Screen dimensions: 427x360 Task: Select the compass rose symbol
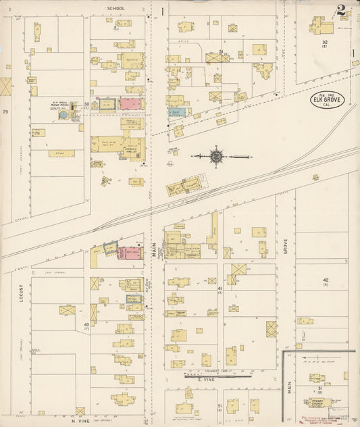[216, 157]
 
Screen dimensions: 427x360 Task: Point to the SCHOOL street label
[116, 9]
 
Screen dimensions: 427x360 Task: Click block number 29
[5, 111]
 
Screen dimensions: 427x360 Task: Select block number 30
[86, 104]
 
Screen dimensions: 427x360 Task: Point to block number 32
[325, 42]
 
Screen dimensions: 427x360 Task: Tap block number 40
[86, 325]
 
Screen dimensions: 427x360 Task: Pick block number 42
[325, 280]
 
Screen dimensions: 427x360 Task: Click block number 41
[220, 288]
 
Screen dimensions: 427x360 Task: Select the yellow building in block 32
[322, 26]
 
